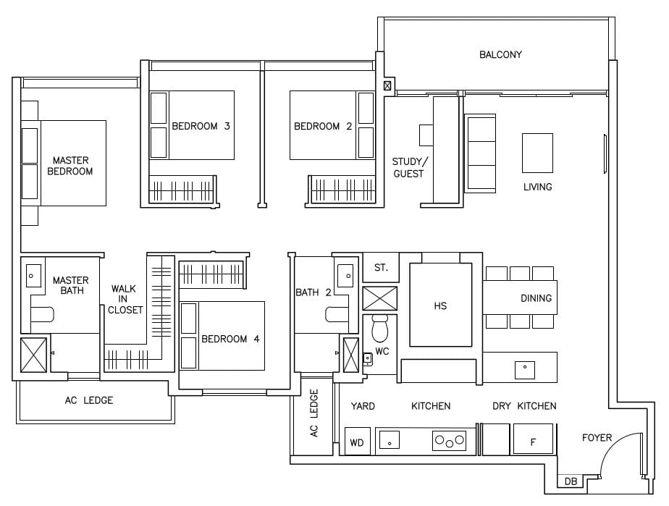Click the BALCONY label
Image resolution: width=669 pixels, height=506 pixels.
(500, 55)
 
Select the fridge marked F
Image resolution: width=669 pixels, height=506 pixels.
(533, 440)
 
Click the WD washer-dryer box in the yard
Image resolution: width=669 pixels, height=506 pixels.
(356, 442)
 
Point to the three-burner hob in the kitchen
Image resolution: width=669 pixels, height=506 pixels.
(449, 439)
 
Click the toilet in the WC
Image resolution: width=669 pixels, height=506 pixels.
(379, 330)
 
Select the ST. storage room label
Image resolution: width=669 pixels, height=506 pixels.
(381, 268)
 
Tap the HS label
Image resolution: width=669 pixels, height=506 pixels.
(440, 305)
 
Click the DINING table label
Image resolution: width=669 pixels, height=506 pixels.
(536, 298)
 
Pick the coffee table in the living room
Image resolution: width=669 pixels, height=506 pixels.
(537, 153)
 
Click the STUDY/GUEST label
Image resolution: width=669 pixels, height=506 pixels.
(411, 167)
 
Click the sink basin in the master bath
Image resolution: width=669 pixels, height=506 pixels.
(33, 274)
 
